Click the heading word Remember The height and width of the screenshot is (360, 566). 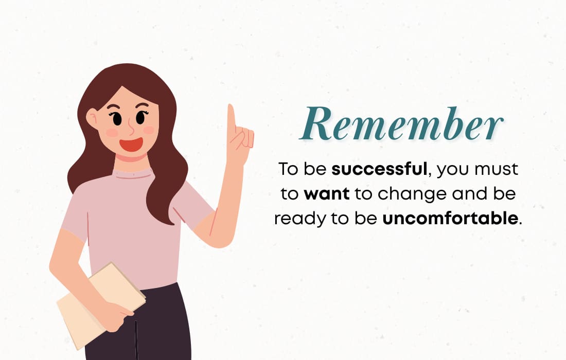point(401,124)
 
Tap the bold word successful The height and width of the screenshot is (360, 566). point(379,169)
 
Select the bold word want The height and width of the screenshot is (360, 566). point(327,194)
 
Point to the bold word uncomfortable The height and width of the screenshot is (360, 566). point(450,218)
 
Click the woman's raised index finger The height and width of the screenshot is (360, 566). point(232,118)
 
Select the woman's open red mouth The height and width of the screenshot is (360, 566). point(131,145)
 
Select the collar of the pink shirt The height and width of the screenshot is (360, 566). point(132,174)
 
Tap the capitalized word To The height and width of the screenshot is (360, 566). point(288,169)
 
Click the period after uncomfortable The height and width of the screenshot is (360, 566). point(520,224)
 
